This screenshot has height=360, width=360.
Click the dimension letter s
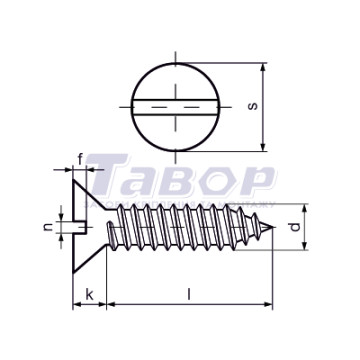click(x=254, y=106)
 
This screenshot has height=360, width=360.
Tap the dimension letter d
click(x=295, y=227)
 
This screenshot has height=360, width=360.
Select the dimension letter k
click(x=90, y=294)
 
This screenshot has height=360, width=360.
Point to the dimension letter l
click(x=189, y=294)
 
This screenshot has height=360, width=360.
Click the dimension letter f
click(x=80, y=160)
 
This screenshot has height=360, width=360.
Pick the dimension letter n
click(x=48, y=227)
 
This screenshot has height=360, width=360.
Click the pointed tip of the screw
click(x=273, y=227)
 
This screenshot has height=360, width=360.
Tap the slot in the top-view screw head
click(x=175, y=107)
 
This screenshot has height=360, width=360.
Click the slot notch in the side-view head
click(x=80, y=227)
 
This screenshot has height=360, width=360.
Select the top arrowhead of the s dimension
click(x=263, y=67)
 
